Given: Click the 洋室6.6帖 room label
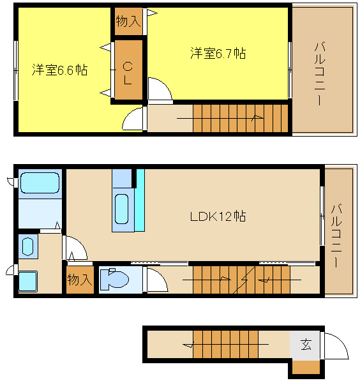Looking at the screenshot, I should pos(60,70).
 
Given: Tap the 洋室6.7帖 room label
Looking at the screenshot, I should pos(218,54).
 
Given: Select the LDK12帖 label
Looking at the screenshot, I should pos(218,216).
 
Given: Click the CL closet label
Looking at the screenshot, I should pos(128,73).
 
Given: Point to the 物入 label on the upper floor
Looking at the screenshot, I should pos(128,22).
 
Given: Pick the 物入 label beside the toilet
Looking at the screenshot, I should pos(80,280).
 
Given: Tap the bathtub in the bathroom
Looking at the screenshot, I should pos(40,183).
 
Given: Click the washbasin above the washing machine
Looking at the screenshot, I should pos(27,246).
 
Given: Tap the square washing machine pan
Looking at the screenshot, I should pos(27,282).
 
